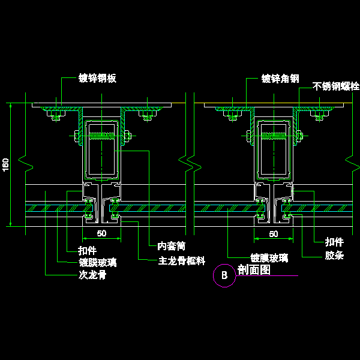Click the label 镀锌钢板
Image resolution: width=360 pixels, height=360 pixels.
(97, 78)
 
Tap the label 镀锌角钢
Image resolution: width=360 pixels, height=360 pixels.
(280, 78)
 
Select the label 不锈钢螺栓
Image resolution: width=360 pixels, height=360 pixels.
(336, 87)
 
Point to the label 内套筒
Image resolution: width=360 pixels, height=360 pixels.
(172, 246)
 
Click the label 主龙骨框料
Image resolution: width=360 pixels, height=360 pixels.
(182, 261)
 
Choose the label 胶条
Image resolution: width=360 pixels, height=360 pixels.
(334, 256)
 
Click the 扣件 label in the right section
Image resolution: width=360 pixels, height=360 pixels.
(334, 242)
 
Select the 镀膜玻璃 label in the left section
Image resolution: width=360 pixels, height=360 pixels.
(98, 262)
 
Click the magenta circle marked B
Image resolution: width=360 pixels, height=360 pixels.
(224, 276)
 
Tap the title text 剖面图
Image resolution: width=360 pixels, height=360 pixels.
(254, 270)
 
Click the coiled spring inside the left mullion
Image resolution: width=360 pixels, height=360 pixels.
(102, 136)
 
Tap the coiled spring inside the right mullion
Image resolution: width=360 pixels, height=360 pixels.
(274, 136)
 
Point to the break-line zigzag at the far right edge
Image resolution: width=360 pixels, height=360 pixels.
(349, 159)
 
